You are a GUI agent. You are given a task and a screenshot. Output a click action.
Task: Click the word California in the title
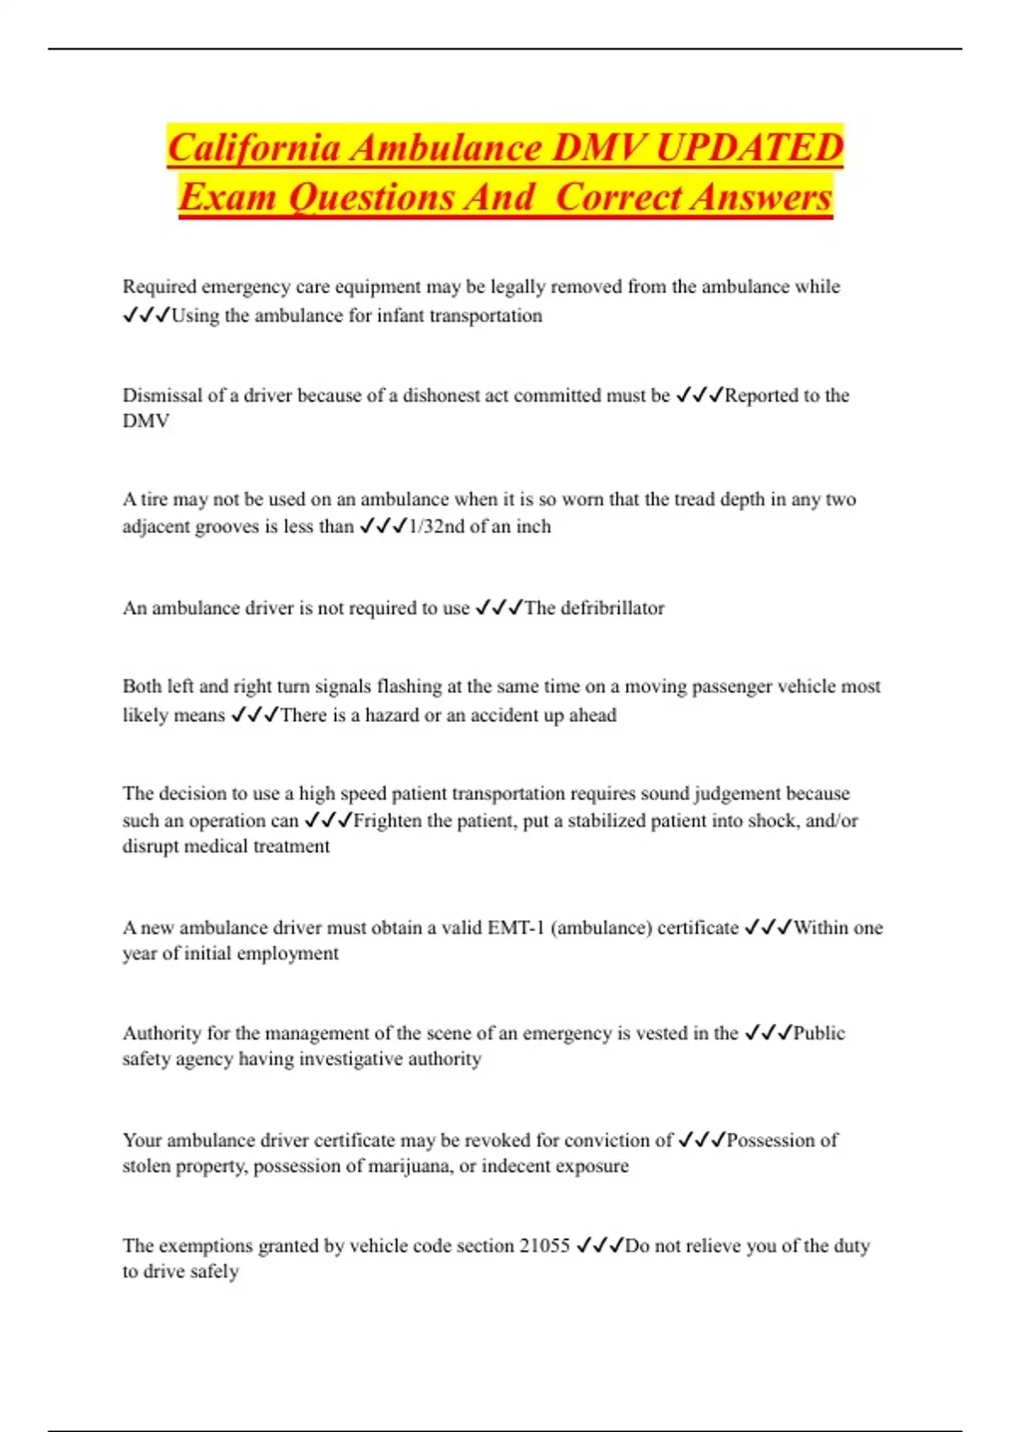pos(255,148)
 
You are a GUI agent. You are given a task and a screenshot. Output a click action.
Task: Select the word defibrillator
pos(612,608)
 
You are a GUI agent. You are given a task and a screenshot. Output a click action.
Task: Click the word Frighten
pos(388,820)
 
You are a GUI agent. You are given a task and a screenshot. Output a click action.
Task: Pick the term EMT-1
pos(516,927)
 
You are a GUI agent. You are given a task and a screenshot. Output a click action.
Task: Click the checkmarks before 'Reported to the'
pos(699,395)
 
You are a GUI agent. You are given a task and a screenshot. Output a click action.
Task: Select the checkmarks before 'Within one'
pos(768,927)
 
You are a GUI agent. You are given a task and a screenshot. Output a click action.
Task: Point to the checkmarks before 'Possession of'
pos(702,1141)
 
